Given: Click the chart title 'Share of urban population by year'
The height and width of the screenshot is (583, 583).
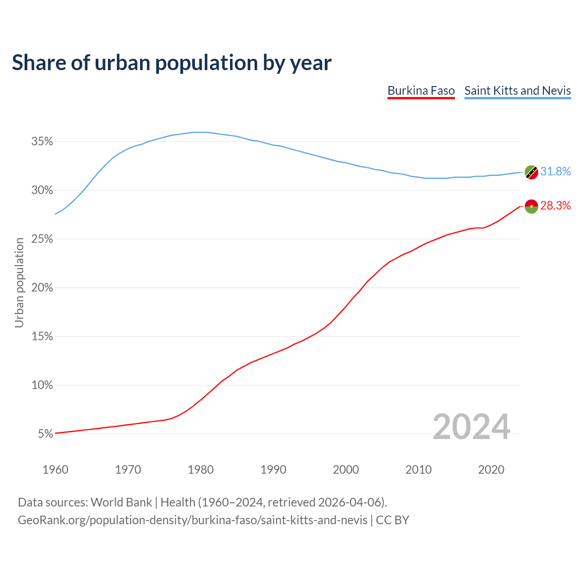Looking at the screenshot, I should [x=172, y=63].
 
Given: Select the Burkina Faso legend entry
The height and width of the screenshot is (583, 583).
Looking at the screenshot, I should [x=421, y=91].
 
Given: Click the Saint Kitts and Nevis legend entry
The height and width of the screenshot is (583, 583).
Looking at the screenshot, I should [x=517, y=91].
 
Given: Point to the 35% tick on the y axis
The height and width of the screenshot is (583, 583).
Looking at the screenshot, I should [x=42, y=142].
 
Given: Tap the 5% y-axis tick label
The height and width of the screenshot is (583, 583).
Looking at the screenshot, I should [x=45, y=434].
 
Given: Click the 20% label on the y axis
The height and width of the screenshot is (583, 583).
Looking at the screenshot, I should [x=42, y=288].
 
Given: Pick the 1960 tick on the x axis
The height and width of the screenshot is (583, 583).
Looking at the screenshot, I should [x=55, y=470].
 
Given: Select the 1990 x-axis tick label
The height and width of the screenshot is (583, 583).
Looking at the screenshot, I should [x=273, y=470].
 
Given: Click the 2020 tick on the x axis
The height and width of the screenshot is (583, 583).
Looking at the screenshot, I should [x=491, y=470].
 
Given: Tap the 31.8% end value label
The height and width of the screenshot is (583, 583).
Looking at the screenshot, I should [x=555, y=172].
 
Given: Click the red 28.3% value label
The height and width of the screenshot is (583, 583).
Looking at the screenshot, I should [x=555, y=206].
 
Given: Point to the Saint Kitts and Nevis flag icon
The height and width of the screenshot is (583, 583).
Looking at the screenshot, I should [x=532, y=172].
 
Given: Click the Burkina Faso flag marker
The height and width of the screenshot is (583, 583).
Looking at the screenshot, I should [x=532, y=206].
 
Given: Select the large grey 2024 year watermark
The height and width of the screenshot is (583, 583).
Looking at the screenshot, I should [x=471, y=427].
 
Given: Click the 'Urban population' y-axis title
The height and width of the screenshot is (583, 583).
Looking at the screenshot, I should [x=19, y=282].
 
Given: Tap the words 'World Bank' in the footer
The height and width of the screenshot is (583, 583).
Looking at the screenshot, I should [x=121, y=502].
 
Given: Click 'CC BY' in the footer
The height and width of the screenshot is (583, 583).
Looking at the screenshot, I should [x=392, y=520].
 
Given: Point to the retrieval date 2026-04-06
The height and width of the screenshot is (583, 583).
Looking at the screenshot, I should [x=349, y=502].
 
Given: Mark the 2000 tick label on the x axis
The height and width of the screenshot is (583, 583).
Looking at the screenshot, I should [x=346, y=470].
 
